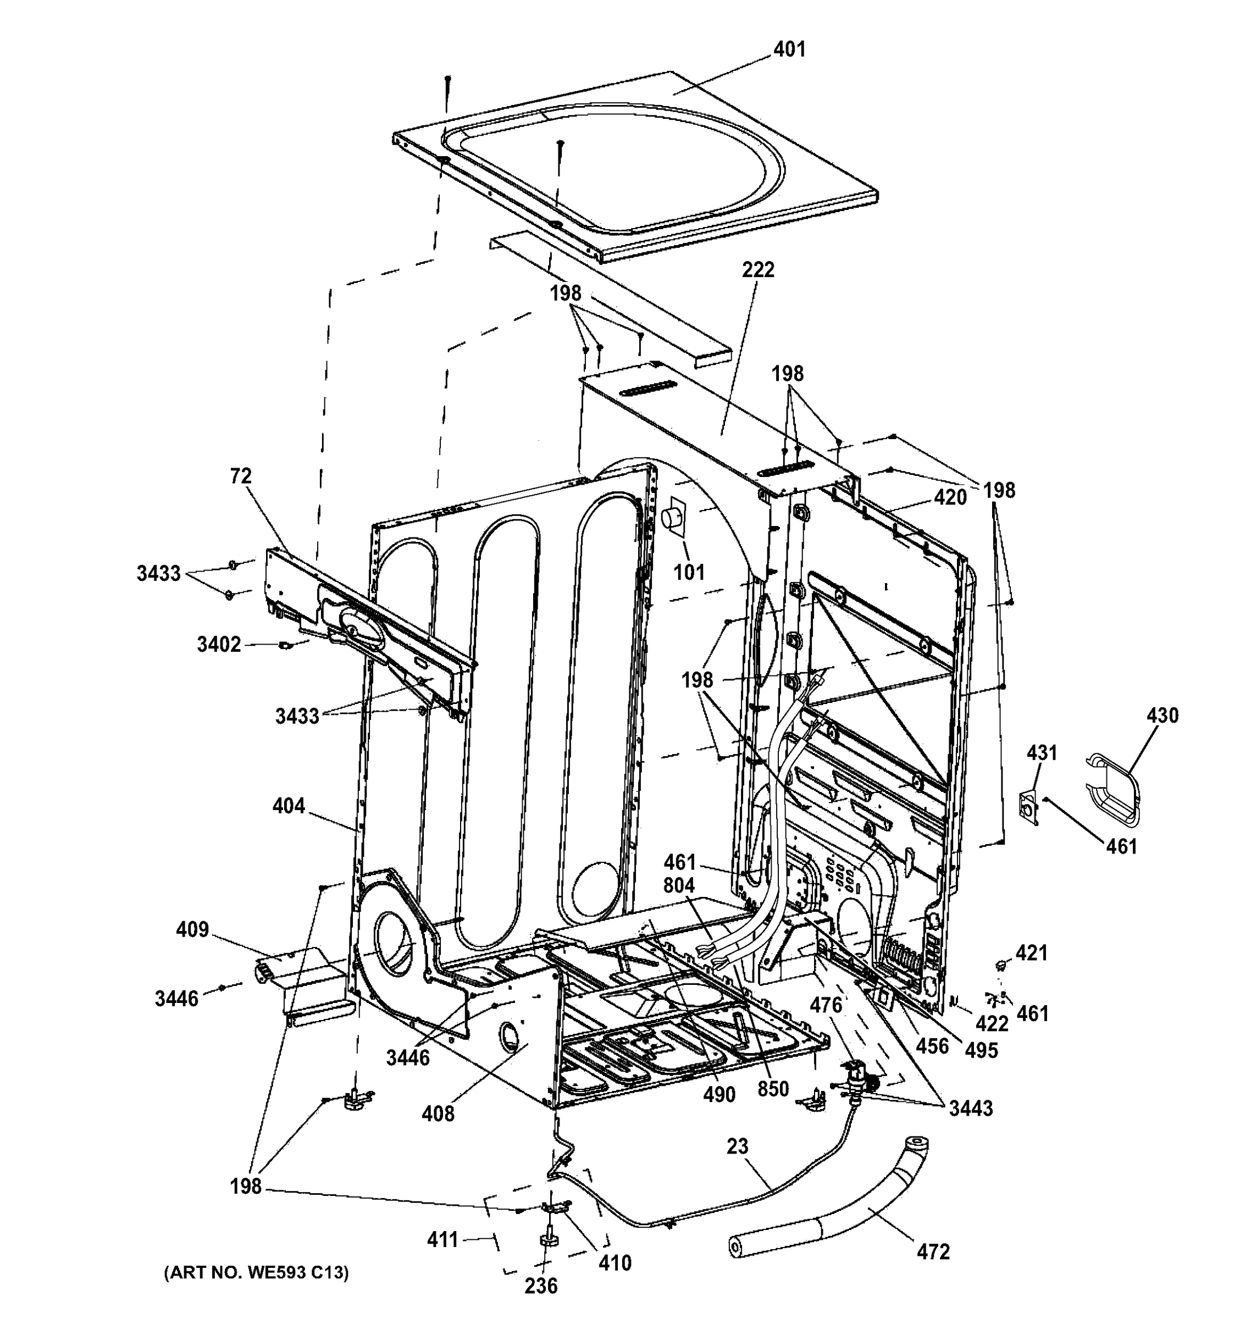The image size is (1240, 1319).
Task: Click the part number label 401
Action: point(789,49)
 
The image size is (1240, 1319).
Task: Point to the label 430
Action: point(1162,715)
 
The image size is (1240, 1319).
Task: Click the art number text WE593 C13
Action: point(256,1272)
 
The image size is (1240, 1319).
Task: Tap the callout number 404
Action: point(289,806)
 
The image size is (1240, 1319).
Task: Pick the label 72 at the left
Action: point(241,476)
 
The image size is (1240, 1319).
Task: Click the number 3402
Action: point(219,644)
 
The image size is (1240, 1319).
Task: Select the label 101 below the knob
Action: point(689,572)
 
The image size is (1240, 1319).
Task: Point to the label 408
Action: point(439,1113)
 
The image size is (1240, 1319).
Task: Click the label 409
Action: point(192,929)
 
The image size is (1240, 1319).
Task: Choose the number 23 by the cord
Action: point(737,1146)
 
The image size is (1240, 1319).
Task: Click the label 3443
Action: point(971,1108)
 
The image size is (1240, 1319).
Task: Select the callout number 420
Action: point(950,497)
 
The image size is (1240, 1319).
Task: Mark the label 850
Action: point(773,1089)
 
